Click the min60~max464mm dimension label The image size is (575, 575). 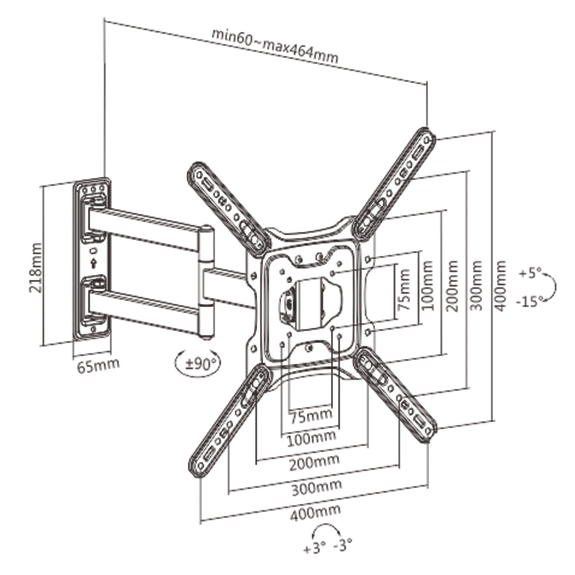pos(275,46)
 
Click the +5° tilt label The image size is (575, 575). pos(531,274)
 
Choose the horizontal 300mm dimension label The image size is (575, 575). pos(317,486)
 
